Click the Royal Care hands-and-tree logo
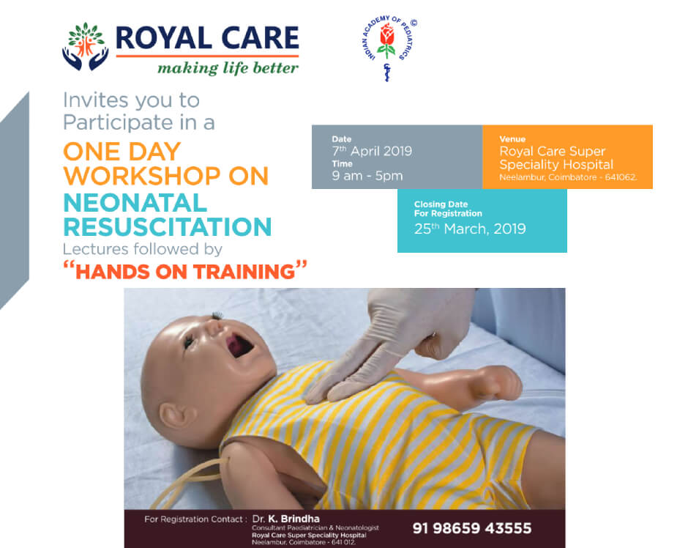click(86, 46)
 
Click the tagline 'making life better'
click(228, 68)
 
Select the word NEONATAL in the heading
click(135, 203)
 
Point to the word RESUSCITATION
click(168, 227)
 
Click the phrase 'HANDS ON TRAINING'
click(185, 271)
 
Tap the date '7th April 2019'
click(372, 151)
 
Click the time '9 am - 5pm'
click(367, 176)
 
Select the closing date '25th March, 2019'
click(470, 229)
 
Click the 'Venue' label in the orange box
click(512, 138)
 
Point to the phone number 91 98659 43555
click(471, 528)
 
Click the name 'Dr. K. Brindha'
click(285, 519)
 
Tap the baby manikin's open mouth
click(239, 344)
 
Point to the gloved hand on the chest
click(386, 347)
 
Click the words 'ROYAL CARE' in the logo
click(207, 38)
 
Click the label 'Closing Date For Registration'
click(448, 209)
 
